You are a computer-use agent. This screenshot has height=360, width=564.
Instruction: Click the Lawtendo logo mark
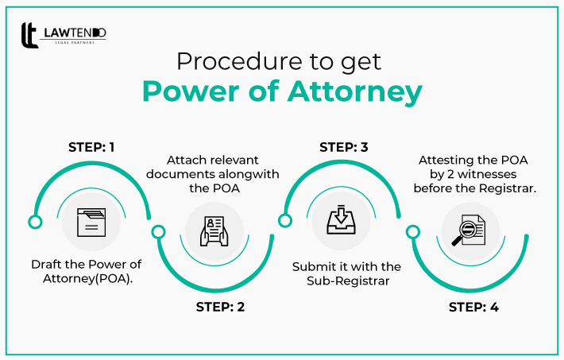pos(29,36)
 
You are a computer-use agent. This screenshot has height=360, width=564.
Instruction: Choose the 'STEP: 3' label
pos(345,147)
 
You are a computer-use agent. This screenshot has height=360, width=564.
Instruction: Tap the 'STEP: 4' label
pos(473,307)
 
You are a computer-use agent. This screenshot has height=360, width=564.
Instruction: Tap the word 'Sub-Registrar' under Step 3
pos(346,281)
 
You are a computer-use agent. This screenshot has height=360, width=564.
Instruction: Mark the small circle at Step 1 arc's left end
pos(34,222)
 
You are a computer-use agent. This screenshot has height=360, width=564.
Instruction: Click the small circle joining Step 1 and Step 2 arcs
pos(158,232)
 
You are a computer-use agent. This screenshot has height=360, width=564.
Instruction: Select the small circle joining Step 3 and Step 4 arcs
pos(412,232)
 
